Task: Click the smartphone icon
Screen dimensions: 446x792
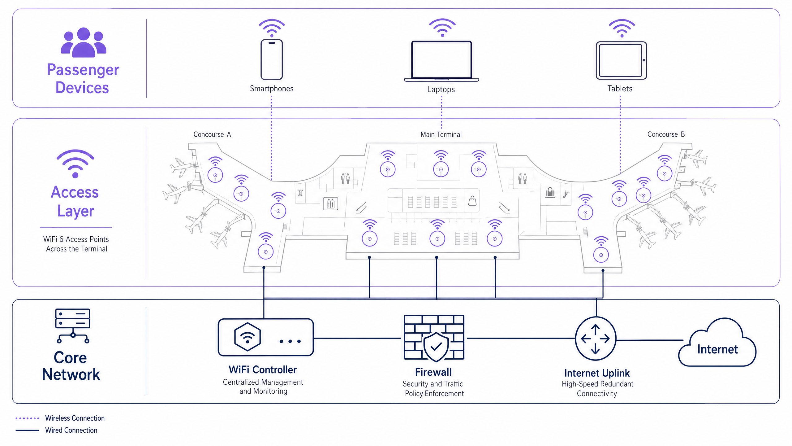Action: [272, 59]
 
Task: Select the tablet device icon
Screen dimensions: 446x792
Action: [621, 60]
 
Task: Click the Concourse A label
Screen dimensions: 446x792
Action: [212, 134]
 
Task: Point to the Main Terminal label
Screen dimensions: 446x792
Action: [441, 134]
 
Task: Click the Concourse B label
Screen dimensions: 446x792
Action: [666, 134]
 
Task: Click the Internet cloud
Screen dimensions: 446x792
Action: [717, 345]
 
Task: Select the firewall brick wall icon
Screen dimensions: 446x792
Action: [434, 338]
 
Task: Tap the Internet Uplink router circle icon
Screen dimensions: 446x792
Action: [595, 339]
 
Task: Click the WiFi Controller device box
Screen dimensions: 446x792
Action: [265, 337]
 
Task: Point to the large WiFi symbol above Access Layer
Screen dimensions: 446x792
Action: [75, 163]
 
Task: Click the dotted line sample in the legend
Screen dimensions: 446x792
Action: [27, 418]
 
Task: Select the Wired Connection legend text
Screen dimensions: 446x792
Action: [71, 430]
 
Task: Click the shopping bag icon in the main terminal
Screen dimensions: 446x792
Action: [472, 201]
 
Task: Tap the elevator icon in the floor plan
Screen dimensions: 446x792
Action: [330, 203]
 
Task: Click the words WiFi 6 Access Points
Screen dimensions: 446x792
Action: [76, 239]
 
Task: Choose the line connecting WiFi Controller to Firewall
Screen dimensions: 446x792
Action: [357, 338]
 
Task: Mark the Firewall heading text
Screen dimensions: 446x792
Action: [433, 372]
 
